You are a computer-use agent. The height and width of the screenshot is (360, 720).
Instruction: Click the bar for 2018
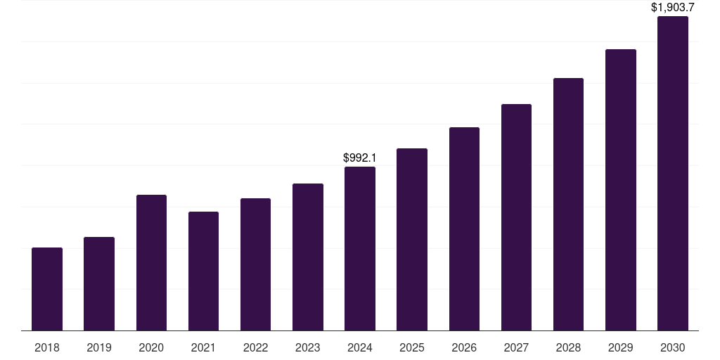[47, 289]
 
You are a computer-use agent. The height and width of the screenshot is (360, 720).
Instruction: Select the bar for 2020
[151, 262]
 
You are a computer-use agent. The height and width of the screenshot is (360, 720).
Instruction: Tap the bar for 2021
[203, 271]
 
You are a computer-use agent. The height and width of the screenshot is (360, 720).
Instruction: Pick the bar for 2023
[308, 257]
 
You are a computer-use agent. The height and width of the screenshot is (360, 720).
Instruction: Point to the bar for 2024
[360, 248]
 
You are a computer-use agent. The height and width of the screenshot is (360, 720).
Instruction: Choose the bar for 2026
[464, 229]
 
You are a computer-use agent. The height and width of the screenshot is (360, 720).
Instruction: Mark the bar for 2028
[568, 204]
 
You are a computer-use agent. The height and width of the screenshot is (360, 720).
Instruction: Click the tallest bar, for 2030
[672, 173]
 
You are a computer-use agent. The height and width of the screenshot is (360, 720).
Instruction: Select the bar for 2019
[99, 283]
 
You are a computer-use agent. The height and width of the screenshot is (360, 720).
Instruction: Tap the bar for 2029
[620, 190]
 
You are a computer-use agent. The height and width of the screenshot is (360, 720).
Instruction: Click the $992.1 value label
[359, 158]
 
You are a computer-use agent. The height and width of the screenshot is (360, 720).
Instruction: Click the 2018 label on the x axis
[47, 347]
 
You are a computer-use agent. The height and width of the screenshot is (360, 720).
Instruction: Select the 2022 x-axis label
[255, 347]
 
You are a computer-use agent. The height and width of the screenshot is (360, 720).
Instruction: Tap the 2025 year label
[412, 347]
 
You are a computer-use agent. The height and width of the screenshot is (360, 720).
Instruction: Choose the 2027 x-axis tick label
[516, 347]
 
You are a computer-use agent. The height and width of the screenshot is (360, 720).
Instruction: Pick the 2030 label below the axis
[672, 347]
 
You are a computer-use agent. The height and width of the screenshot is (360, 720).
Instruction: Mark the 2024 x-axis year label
[360, 347]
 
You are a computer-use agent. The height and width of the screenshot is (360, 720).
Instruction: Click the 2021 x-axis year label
[203, 347]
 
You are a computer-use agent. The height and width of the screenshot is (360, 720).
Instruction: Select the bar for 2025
[412, 239]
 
